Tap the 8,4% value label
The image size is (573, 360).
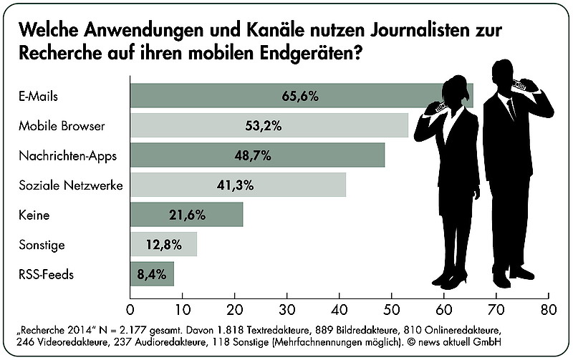click(x=152, y=273)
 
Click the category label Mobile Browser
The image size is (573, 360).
click(x=62, y=126)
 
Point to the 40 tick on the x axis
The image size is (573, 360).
click(x=339, y=310)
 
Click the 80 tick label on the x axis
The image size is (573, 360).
click(x=548, y=310)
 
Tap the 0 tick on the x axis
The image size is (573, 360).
click(x=130, y=310)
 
